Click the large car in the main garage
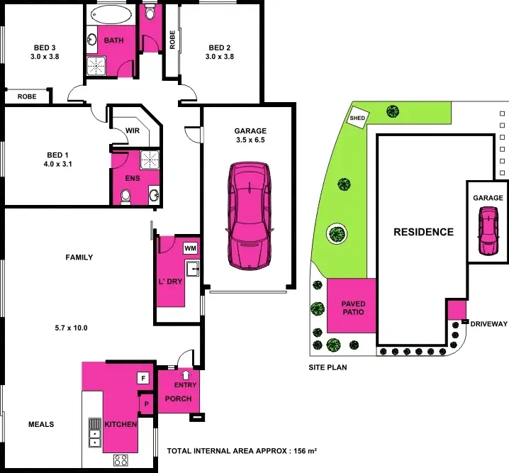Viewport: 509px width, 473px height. [x=250, y=216]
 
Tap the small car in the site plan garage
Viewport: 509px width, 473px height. [x=488, y=230]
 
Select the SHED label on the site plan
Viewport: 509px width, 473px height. [x=357, y=118]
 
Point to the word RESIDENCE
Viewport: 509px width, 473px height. [x=423, y=232]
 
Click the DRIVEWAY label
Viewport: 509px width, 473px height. [x=489, y=323]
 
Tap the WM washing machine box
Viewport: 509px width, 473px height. [x=190, y=248]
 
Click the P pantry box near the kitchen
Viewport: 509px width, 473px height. [x=146, y=404]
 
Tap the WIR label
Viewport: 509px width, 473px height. [x=133, y=131]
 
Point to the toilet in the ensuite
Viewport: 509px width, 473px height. [x=125, y=196]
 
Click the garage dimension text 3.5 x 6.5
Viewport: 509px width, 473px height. [x=250, y=140]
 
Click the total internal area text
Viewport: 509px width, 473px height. [x=241, y=451]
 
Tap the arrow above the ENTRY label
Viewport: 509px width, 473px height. [x=186, y=376]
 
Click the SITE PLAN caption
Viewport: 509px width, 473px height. [x=328, y=368]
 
